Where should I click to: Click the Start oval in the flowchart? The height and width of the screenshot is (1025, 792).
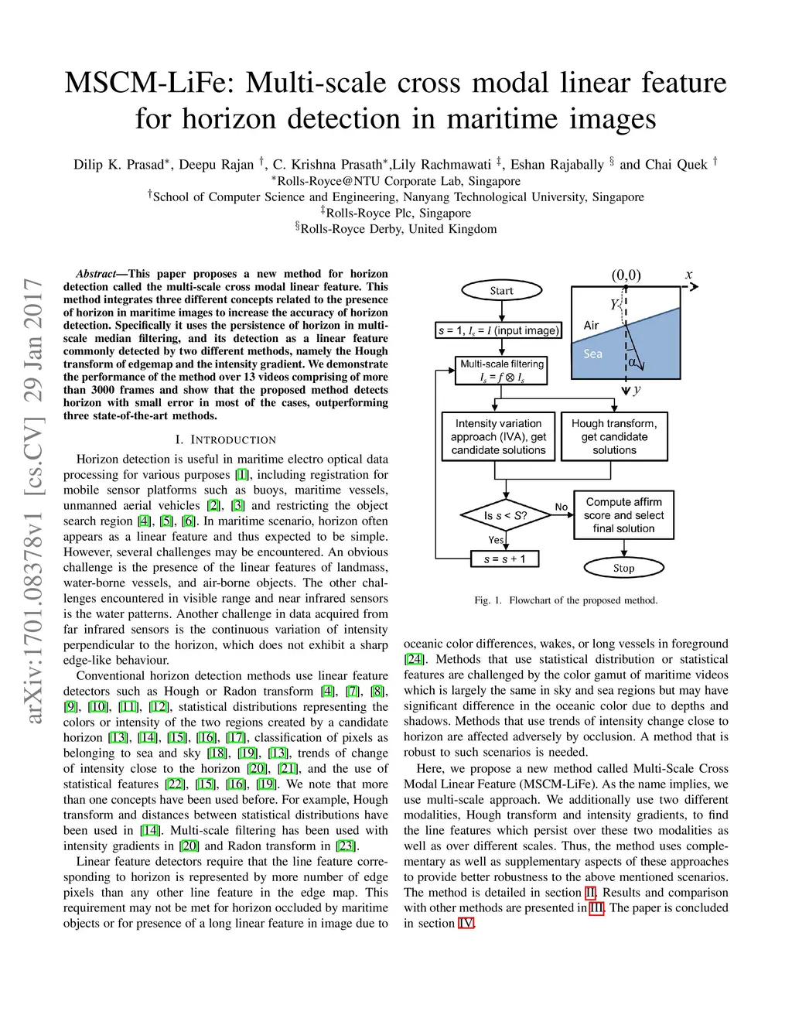coord(501,291)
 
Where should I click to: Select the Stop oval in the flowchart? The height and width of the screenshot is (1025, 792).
coord(623,568)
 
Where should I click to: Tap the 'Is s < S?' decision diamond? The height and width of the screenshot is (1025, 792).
coord(506,515)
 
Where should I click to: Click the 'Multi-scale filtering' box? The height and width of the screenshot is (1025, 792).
coord(502,371)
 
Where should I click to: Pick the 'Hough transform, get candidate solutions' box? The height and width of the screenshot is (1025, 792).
coord(614,436)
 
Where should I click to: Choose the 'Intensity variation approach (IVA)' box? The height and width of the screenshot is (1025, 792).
coord(498,436)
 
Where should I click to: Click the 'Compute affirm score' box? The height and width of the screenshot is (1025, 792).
coord(623,515)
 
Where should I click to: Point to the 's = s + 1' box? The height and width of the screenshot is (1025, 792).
coord(504,559)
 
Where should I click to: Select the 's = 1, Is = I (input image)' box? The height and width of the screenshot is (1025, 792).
coord(499,330)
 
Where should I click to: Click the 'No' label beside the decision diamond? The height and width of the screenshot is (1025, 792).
coord(562,507)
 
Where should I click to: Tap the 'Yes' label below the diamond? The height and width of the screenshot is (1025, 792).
coord(497,539)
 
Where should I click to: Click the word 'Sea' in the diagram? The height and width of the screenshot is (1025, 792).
coord(592,354)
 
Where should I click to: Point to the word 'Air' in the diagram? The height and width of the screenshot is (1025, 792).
coord(592,326)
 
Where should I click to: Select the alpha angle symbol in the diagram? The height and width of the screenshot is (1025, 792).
coord(633,361)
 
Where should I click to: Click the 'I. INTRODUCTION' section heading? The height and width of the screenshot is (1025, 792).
coord(225,439)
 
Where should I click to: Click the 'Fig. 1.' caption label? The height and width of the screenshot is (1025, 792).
coord(488,600)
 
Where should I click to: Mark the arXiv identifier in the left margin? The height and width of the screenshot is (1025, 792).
coord(34,501)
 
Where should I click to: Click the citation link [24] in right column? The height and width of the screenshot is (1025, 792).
coord(414,659)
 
